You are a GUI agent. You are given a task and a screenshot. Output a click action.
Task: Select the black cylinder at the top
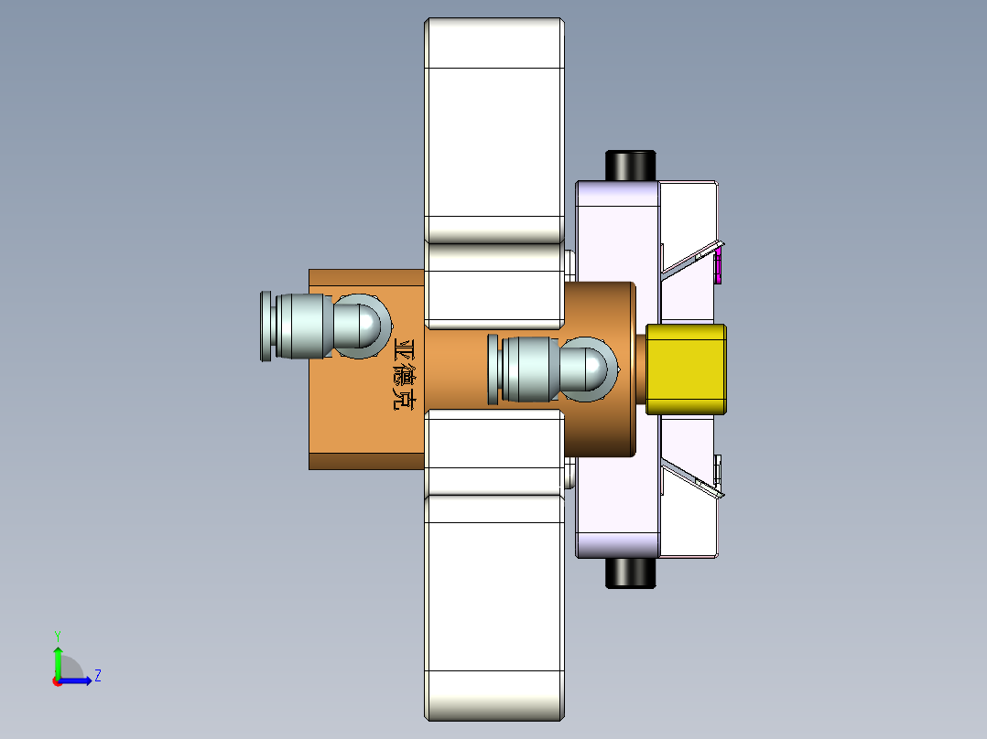(x=630, y=166)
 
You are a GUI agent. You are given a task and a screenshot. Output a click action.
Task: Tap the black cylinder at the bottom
(x=630, y=573)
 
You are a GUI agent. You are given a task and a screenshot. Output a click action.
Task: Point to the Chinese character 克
(x=404, y=398)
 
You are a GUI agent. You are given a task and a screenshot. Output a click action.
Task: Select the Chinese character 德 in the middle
(x=404, y=374)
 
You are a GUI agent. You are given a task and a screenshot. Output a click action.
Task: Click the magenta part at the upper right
(x=719, y=266)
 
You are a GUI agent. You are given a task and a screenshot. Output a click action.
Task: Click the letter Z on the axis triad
(x=97, y=676)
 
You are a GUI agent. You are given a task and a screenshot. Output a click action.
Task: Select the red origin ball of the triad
(x=57, y=680)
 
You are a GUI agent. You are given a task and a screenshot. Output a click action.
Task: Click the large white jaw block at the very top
(x=493, y=128)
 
